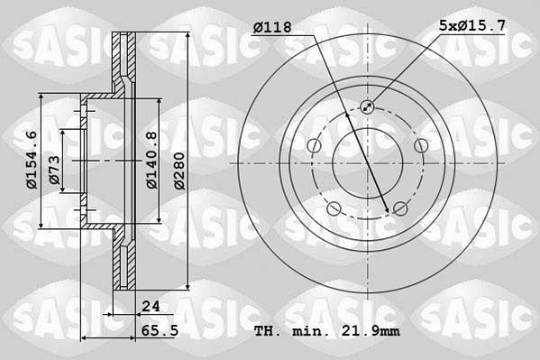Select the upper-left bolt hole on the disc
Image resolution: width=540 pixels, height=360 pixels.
tap(313, 146)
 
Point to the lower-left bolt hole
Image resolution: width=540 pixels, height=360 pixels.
tap(334, 209)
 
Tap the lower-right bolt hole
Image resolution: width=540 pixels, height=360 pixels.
tap(400, 209)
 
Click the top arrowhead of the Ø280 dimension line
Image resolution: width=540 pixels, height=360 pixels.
tap(187, 37)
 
